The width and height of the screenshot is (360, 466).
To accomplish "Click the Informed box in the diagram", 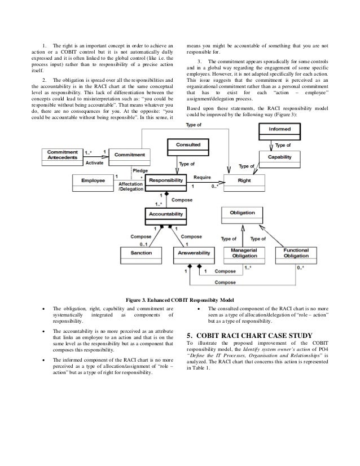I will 279,129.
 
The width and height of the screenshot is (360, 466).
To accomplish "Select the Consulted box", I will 187,145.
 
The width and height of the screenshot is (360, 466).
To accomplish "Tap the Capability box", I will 279,156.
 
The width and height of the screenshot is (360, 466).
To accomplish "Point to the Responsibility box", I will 165,181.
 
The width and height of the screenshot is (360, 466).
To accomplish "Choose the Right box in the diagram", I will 244,181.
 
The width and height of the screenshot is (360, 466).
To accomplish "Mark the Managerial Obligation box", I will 245,254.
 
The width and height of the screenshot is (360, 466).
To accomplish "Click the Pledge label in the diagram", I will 141,170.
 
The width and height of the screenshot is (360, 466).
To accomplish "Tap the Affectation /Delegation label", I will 130,187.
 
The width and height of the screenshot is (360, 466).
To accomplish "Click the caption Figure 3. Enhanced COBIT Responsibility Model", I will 179,298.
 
